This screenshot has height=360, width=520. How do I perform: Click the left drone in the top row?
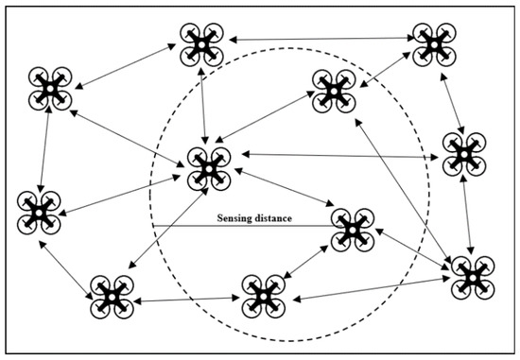200,41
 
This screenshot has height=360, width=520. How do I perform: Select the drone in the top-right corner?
432,43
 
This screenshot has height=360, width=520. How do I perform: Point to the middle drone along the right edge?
464,152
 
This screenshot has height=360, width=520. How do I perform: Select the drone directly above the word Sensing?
207,168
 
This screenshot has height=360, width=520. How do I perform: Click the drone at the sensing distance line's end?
353,229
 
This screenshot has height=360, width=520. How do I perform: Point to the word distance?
272,218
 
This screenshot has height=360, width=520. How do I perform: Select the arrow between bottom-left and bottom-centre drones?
184,299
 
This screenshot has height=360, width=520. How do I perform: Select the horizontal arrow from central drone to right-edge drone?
336,154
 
